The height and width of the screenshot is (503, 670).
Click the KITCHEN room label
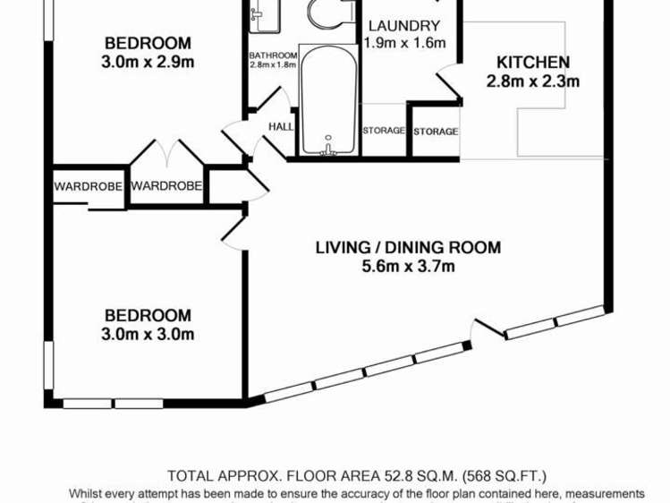(533, 63)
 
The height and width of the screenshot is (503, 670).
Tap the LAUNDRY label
(403, 26)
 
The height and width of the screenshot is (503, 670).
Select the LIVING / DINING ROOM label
(408, 248)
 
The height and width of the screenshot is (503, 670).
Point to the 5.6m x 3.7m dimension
(408, 266)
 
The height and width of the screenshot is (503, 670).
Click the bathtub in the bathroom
(328, 103)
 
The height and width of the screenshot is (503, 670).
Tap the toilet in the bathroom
(323, 13)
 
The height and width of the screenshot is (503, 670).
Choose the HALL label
(281, 127)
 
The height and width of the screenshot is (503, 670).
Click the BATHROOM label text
(273, 55)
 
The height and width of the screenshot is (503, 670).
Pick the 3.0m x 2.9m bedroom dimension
(148, 62)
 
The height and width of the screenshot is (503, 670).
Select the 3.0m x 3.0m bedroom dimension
(148, 335)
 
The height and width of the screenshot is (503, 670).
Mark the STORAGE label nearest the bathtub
(383, 132)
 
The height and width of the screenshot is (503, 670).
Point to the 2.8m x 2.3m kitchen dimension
(533, 82)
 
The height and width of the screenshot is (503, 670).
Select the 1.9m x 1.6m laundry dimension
(403, 43)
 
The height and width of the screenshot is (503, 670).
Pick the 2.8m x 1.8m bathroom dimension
(273, 65)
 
